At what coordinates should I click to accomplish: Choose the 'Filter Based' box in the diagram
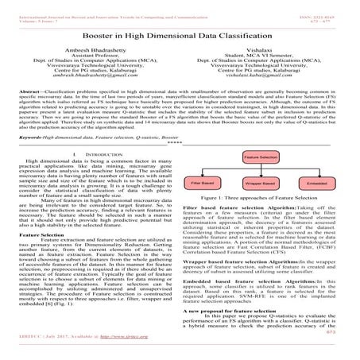click(208, 205)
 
